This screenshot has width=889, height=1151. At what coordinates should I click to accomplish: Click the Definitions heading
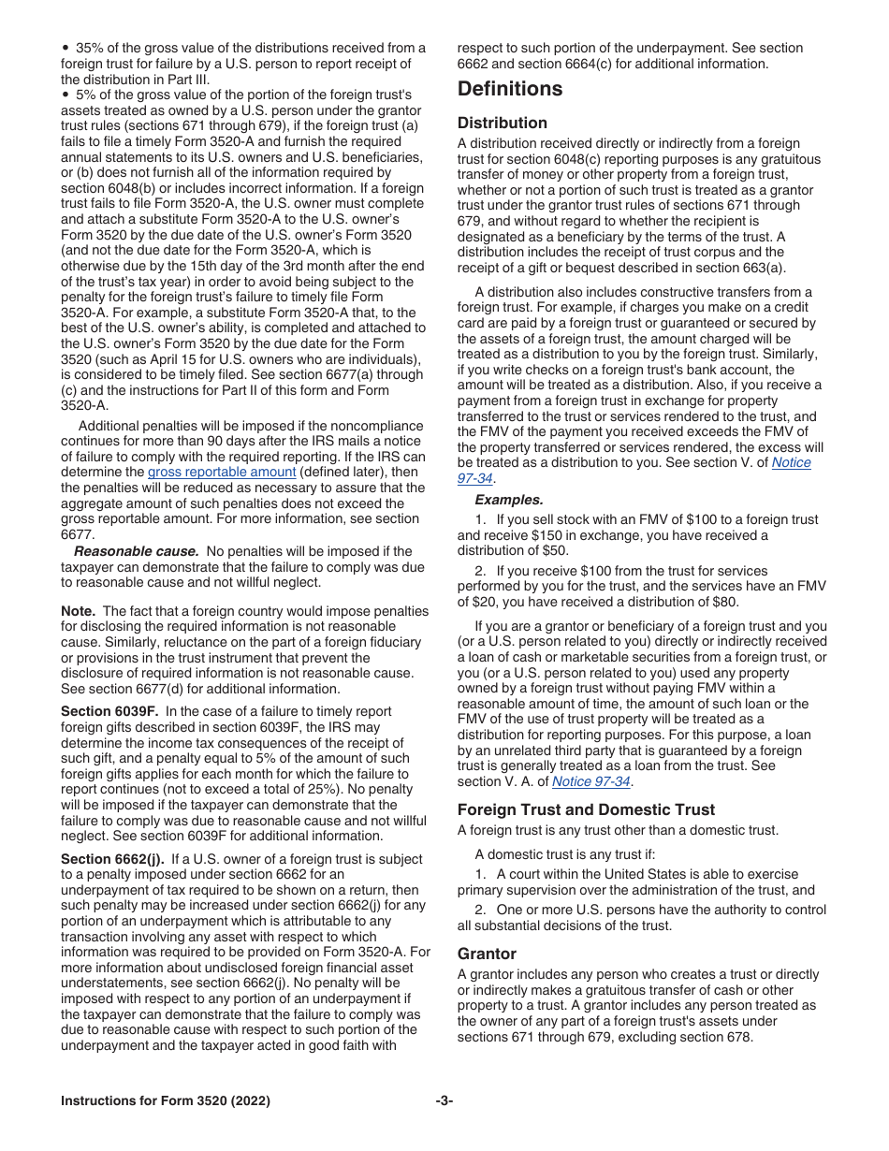510,90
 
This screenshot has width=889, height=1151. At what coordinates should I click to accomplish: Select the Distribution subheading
503,123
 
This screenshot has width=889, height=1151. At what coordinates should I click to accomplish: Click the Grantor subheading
487,954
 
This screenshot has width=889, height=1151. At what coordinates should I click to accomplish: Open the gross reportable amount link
222,473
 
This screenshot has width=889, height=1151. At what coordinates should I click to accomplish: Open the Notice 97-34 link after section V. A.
591,781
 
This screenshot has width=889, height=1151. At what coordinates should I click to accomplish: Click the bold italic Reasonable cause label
137,551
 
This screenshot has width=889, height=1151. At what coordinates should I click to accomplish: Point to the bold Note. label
79,611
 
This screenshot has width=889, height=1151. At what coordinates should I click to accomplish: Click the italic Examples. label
508,500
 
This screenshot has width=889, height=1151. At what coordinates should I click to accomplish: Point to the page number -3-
444,1101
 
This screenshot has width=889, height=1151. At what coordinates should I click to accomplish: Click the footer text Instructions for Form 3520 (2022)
166,1101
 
